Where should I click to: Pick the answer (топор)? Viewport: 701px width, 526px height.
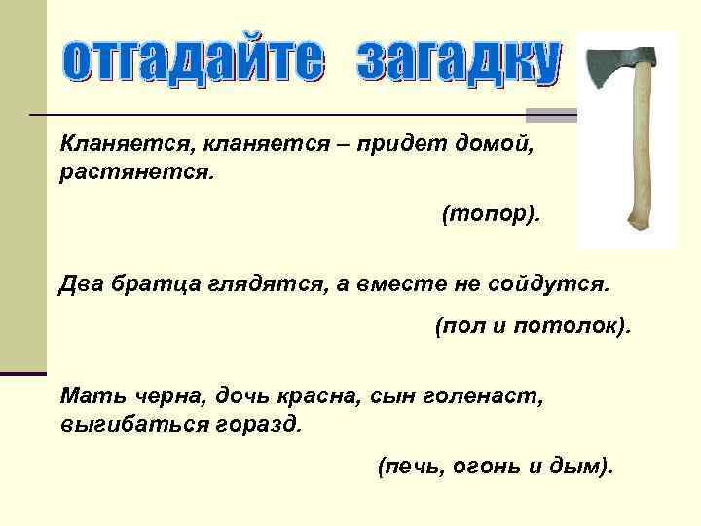pos(490,213)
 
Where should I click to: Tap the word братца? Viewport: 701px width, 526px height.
pos(157,283)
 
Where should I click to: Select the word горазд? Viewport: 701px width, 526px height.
pos(265,424)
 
